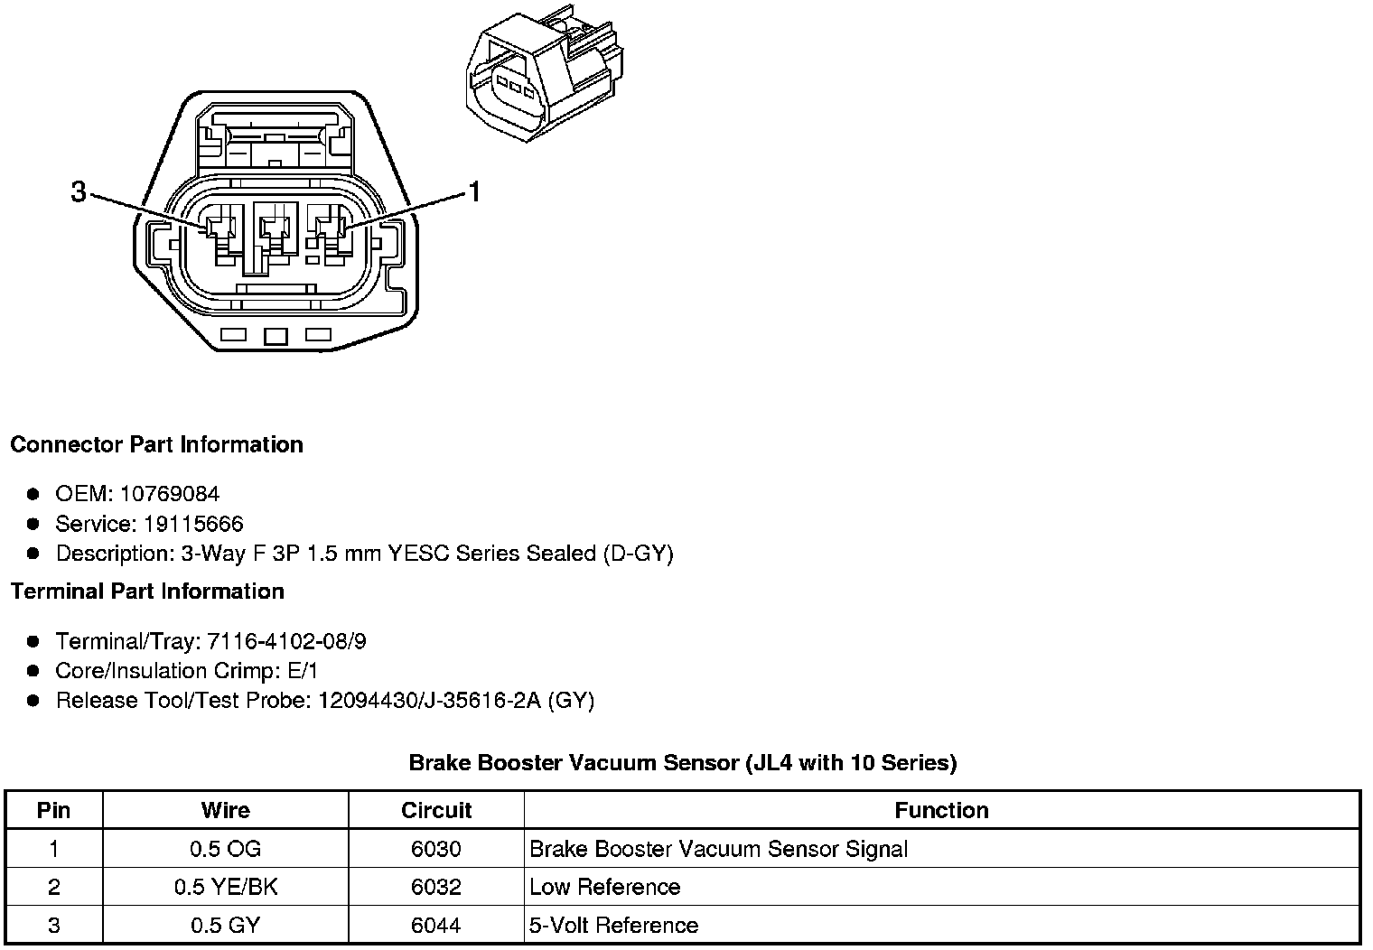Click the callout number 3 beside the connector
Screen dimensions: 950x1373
(x=79, y=191)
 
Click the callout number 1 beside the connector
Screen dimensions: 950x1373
(x=473, y=191)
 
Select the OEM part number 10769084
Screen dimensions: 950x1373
(x=169, y=494)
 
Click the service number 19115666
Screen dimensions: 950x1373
(x=193, y=524)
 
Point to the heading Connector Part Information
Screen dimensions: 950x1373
(x=156, y=444)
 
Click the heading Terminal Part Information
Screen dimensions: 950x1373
(x=147, y=591)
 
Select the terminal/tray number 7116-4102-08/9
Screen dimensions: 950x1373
(x=286, y=641)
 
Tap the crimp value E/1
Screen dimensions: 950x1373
(x=300, y=671)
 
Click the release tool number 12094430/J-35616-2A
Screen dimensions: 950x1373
(x=429, y=701)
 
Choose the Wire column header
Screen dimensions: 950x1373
(x=225, y=810)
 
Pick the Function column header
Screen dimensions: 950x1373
(x=941, y=810)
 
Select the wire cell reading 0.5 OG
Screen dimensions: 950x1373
(x=225, y=849)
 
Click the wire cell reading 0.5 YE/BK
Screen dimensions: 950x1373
(x=225, y=887)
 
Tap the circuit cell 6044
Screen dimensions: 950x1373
(x=435, y=926)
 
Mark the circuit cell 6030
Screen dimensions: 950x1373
(x=435, y=849)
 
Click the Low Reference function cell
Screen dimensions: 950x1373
(x=604, y=887)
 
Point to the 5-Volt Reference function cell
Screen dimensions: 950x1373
(x=613, y=926)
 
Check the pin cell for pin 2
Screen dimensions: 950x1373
(x=53, y=887)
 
